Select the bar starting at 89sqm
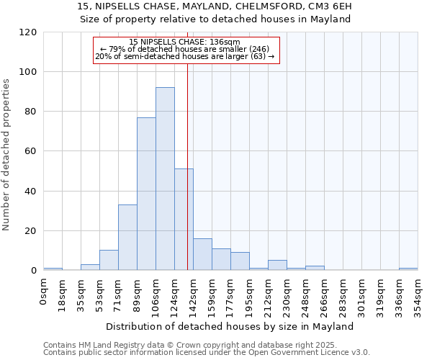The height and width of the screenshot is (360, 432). click(x=146, y=194)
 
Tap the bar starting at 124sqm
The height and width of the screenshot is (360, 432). click(x=184, y=220)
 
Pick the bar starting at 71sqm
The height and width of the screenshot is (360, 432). click(x=127, y=238)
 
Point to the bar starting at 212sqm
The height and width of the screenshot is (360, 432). click(x=277, y=265)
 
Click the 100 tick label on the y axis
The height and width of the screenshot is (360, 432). click(x=28, y=72)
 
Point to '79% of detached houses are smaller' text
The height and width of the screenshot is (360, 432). click(x=186, y=49)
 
